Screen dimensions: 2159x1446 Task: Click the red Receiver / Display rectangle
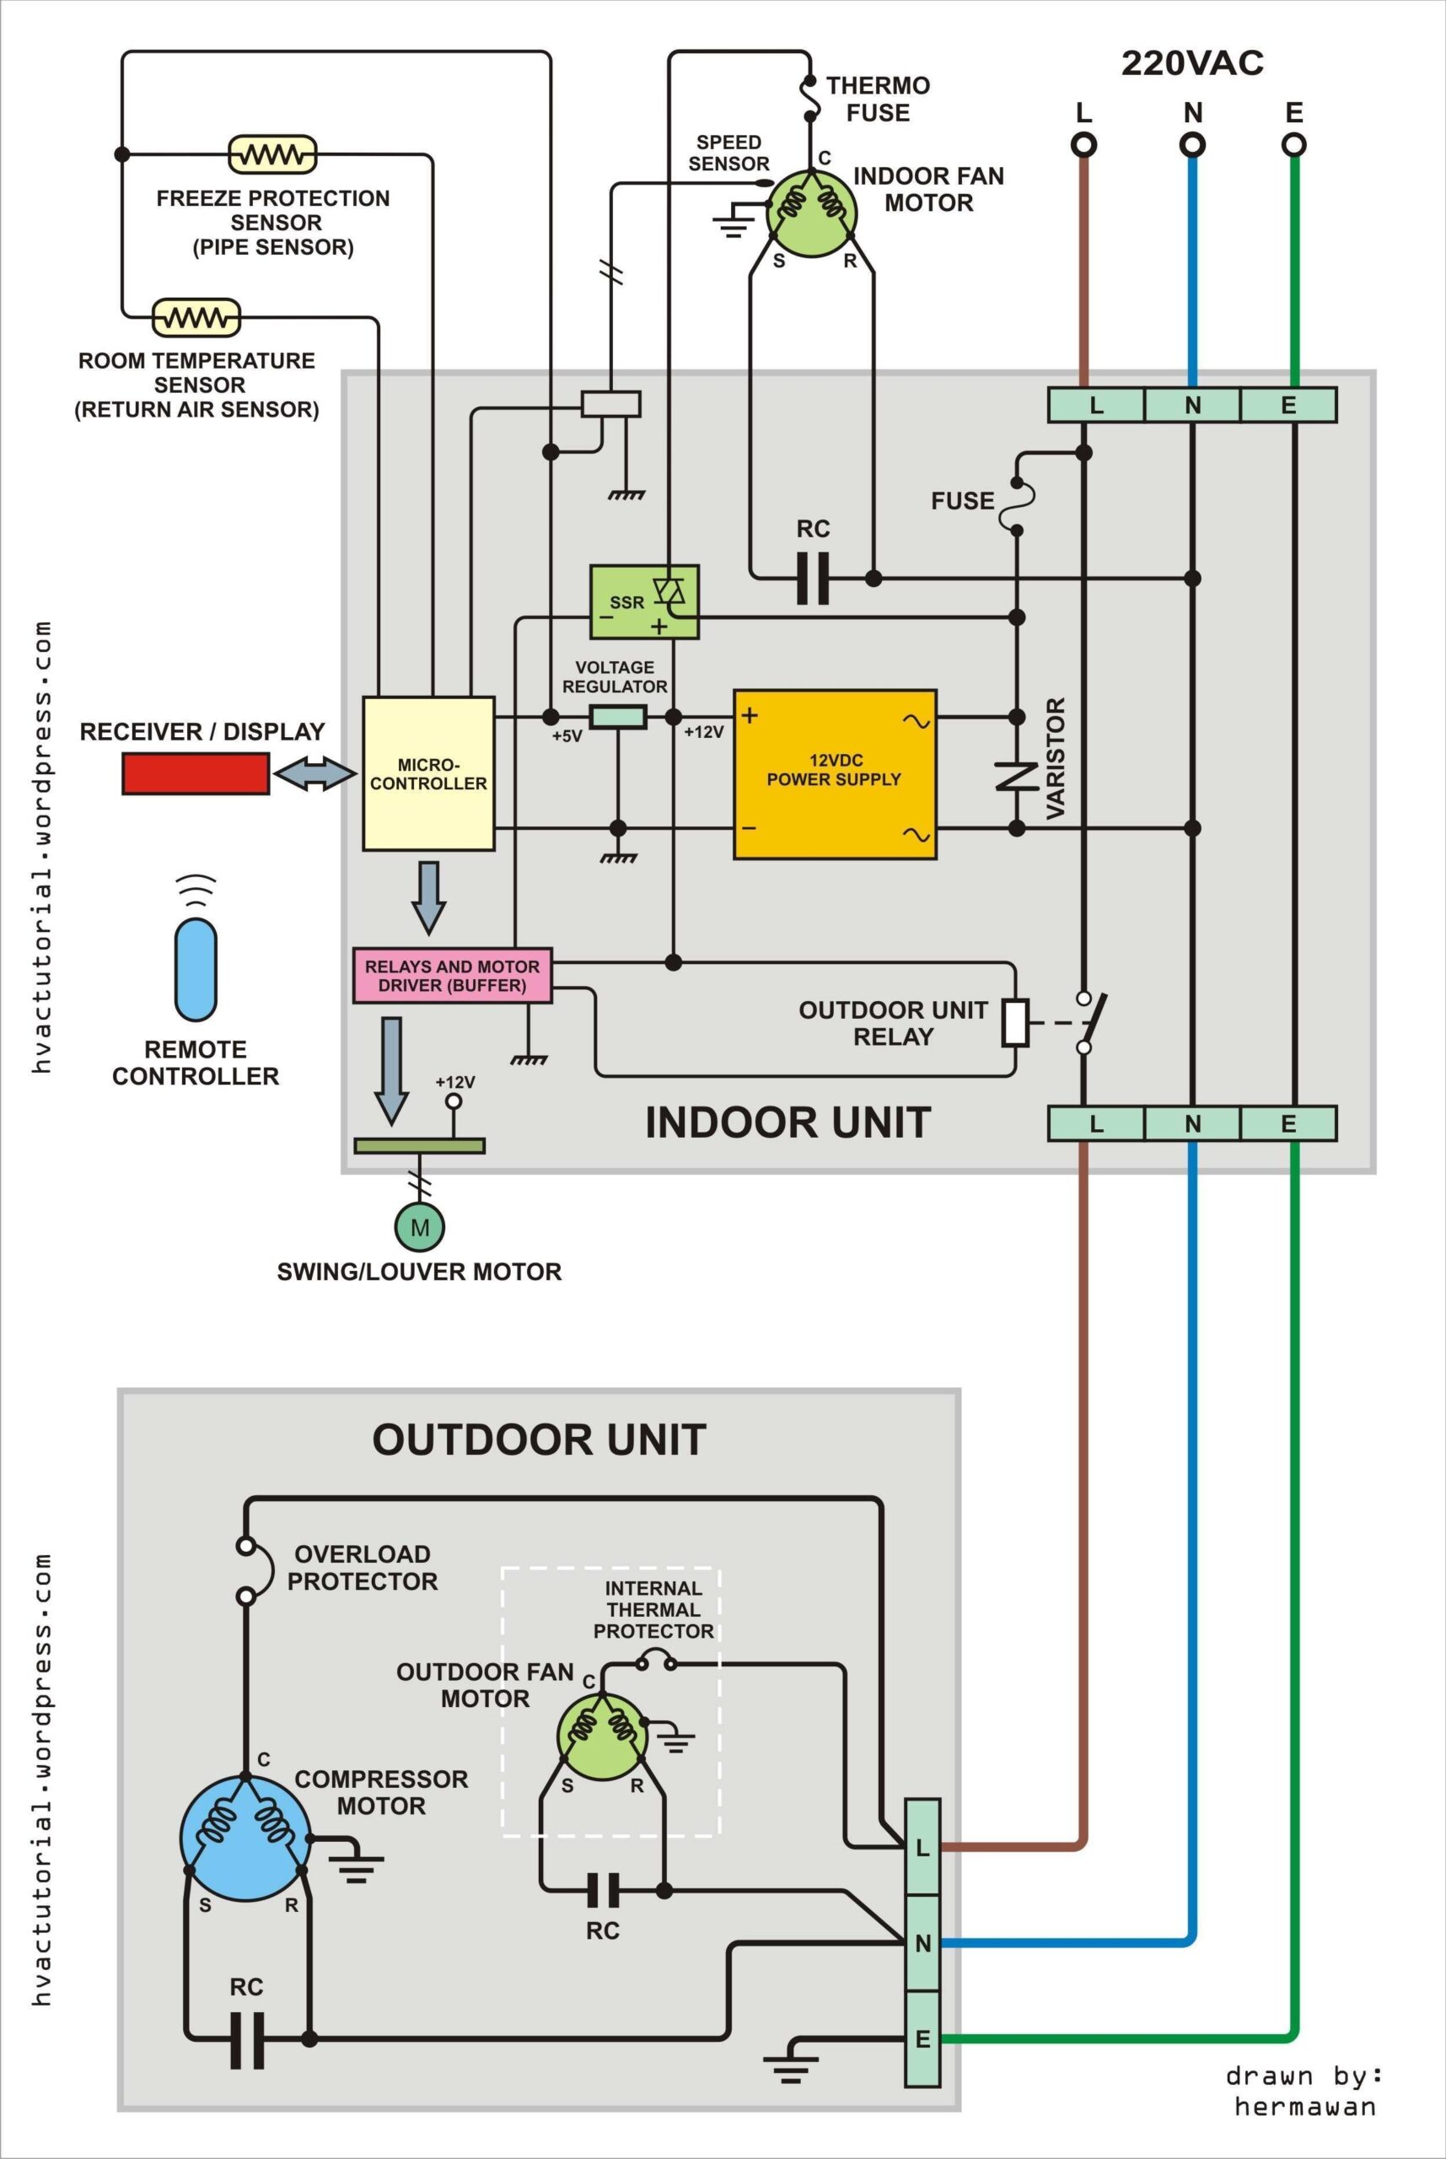(196, 773)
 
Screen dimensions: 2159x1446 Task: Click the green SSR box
(643, 601)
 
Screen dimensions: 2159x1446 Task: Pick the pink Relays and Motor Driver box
(452, 975)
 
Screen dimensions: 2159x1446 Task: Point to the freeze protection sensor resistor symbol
(272, 154)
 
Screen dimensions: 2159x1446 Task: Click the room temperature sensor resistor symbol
(196, 317)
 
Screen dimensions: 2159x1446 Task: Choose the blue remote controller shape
(196, 967)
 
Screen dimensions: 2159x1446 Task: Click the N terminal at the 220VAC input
(1192, 145)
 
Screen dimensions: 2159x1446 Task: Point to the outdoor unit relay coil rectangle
(1015, 1022)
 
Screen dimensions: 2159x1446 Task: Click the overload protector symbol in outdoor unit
(254, 1569)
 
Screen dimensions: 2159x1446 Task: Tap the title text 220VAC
(1191, 62)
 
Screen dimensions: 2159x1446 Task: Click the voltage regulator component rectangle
(618, 717)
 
